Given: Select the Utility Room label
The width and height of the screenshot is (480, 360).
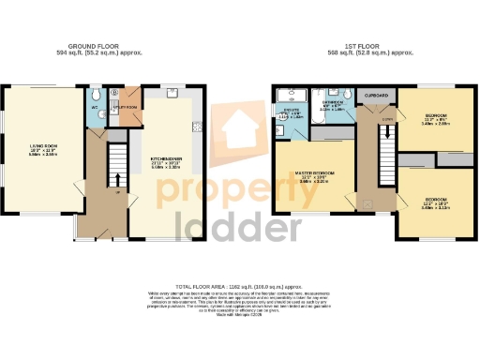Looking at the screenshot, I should tap(125, 108).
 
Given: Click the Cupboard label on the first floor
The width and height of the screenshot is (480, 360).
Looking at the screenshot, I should tap(376, 95).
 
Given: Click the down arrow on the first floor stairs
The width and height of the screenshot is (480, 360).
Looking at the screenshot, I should tap(384, 139).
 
